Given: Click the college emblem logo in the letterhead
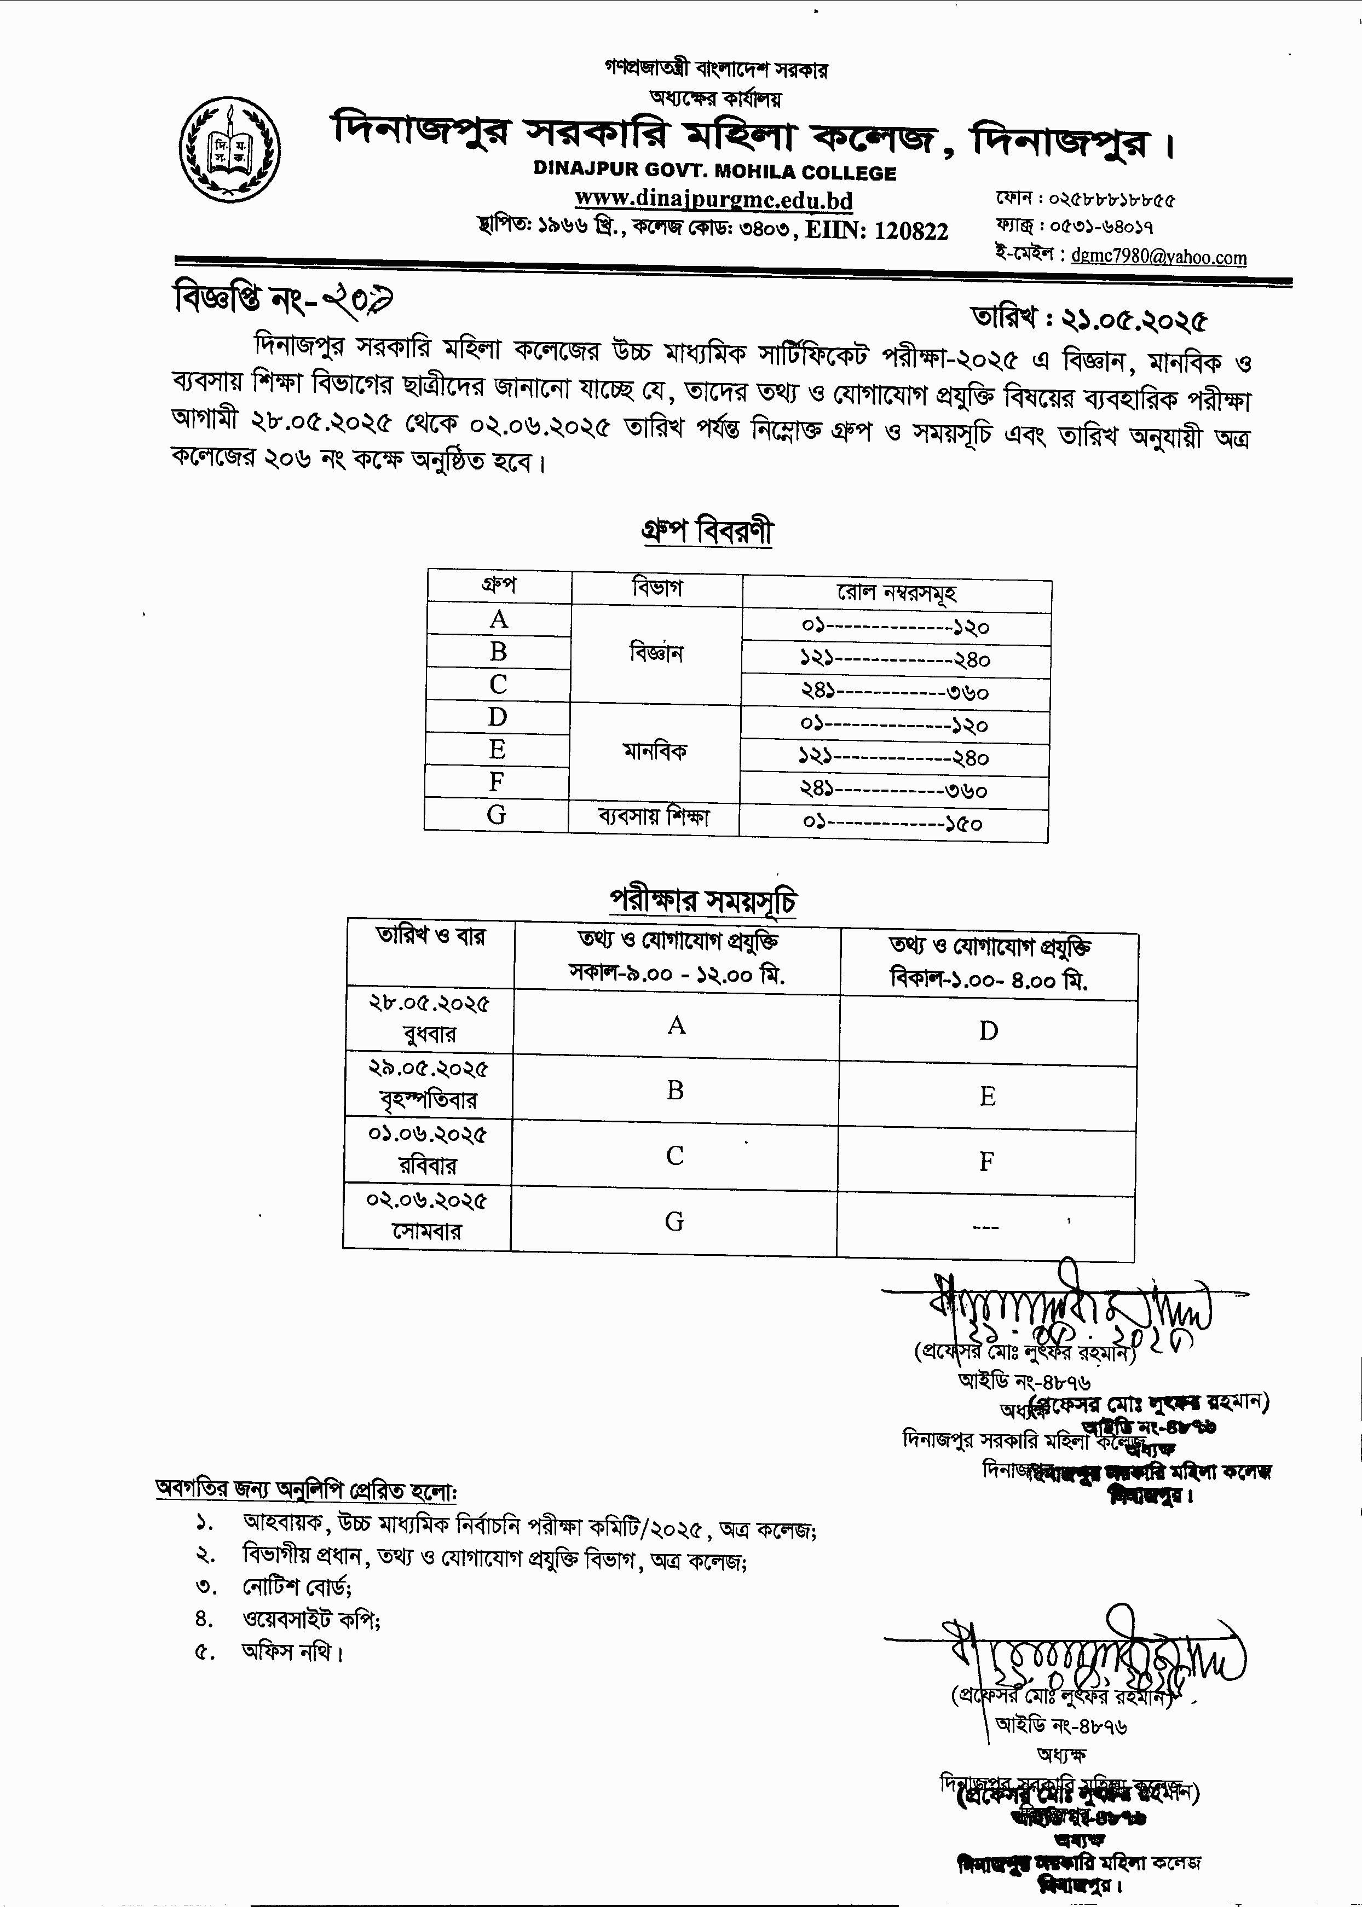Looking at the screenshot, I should pyautogui.click(x=230, y=149).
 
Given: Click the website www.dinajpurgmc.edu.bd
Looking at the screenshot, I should pyautogui.click(x=714, y=200).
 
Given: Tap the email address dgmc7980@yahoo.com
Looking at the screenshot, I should pyautogui.click(x=1158, y=257).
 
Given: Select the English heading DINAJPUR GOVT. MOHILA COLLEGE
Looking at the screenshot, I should pyautogui.click(x=714, y=173).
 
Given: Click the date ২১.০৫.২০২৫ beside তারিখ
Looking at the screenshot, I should pyautogui.click(x=1134, y=320).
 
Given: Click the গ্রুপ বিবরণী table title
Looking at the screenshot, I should pyautogui.click(x=707, y=531).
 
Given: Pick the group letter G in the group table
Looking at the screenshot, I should pyautogui.click(x=497, y=814).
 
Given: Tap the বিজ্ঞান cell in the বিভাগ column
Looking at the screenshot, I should pyautogui.click(x=657, y=652).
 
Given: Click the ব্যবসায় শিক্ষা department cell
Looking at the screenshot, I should pyautogui.click(x=653, y=816).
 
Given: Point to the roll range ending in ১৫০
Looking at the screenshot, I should pyautogui.click(x=893, y=822).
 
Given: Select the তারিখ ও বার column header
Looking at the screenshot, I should pyautogui.click(x=430, y=936).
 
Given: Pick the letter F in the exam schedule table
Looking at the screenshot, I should pyautogui.click(x=987, y=1161).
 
